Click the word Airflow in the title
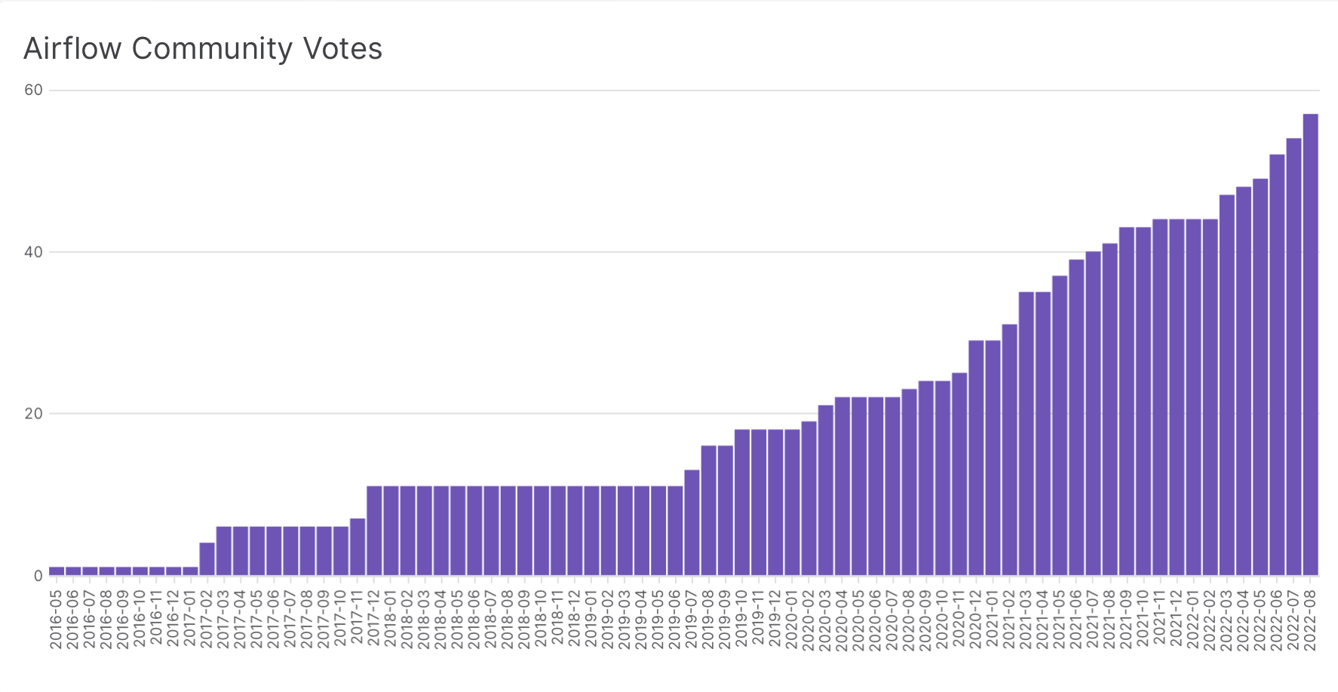click(72, 49)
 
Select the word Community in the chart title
click(212, 50)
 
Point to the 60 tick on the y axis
click(33, 90)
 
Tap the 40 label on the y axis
click(33, 253)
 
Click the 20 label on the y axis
click(33, 414)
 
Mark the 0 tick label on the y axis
click(38, 576)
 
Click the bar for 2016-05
click(57, 571)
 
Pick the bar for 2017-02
click(207, 559)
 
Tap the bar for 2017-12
click(374, 531)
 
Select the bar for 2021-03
click(1026, 433)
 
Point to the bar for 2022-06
click(1277, 365)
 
